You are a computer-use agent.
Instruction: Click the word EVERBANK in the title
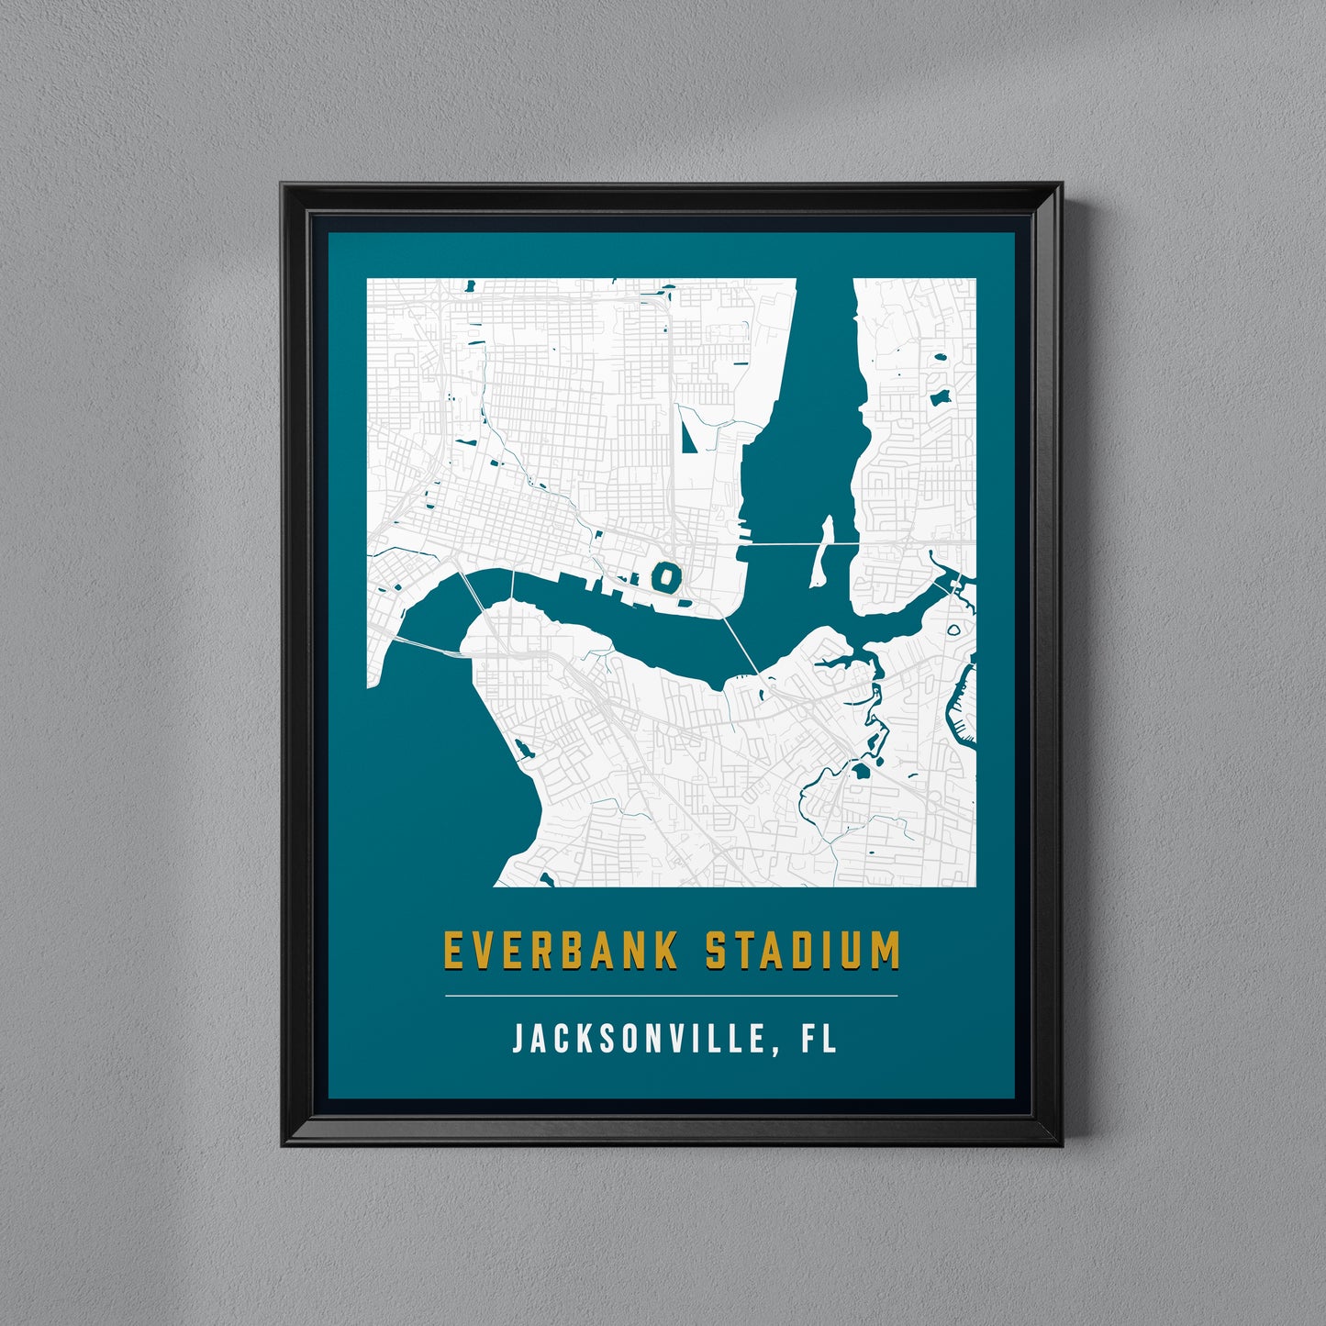click(561, 951)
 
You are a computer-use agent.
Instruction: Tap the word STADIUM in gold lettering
click(803, 951)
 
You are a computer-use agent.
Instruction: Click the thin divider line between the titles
click(671, 996)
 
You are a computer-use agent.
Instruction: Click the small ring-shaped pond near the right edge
click(953, 630)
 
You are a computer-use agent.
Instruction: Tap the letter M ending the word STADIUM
click(885, 951)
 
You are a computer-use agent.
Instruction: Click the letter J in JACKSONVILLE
click(518, 1039)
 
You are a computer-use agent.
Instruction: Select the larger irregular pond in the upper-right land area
click(940, 398)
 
